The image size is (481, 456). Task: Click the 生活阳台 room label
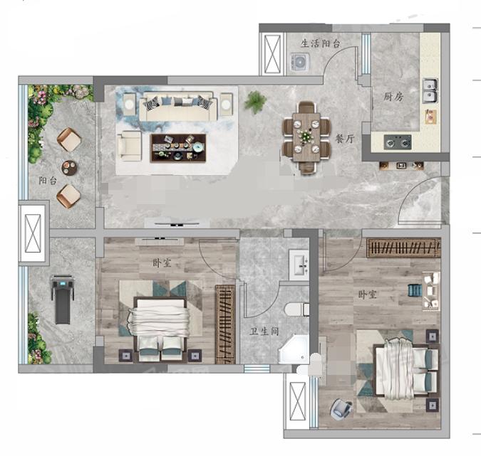[321, 43]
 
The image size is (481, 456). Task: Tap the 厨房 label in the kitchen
[393, 97]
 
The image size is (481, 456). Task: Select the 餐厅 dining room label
[345, 139]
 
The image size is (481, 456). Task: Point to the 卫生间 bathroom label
[264, 331]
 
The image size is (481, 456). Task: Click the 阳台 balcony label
[48, 181]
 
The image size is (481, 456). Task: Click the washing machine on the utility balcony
[300, 63]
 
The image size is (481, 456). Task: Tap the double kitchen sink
[430, 90]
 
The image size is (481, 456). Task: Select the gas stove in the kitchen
[398, 142]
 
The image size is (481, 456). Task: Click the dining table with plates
[306, 137]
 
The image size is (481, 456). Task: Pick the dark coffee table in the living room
[178, 148]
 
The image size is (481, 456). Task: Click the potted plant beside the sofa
[255, 102]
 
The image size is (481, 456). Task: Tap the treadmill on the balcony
[63, 299]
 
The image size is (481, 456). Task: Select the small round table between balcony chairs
[69, 168]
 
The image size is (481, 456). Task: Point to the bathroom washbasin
[299, 265]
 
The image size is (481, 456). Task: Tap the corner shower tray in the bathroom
[294, 349]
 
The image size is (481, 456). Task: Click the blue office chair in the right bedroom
[341, 408]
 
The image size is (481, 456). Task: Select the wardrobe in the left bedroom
[225, 324]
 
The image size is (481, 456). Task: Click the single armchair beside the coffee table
[130, 147]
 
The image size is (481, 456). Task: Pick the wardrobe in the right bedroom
[403, 248]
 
